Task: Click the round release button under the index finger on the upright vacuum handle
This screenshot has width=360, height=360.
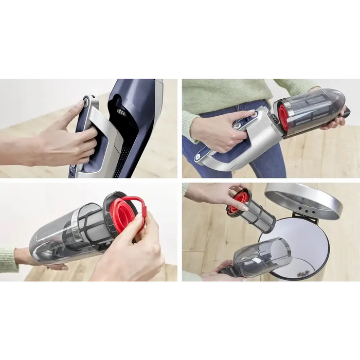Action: (86, 102)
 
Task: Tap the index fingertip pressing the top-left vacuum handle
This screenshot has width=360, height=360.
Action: (79, 105)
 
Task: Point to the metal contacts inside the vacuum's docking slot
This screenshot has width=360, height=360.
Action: (122, 112)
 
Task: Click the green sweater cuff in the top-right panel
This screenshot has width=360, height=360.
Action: (191, 123)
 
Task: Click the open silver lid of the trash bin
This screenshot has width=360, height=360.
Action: (303, 198)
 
